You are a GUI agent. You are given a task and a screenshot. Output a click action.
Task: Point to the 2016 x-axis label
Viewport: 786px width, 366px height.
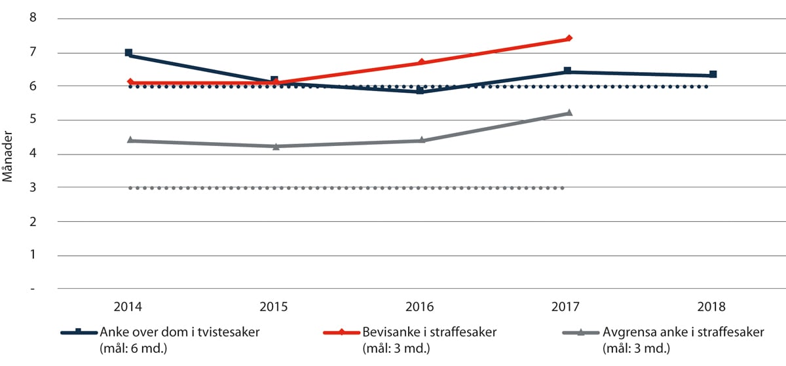421,306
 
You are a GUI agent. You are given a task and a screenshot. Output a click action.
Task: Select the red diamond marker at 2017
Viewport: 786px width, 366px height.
569,38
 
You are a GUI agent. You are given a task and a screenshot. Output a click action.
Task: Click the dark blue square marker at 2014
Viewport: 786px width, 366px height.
129,52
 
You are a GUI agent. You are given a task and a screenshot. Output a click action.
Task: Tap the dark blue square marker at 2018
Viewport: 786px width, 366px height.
713,75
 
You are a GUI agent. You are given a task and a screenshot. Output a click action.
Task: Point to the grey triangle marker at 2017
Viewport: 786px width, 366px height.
569,113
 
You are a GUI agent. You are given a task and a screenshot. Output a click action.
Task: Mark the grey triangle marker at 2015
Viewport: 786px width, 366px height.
276,146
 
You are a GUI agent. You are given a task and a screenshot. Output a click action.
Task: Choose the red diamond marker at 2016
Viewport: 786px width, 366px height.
421,62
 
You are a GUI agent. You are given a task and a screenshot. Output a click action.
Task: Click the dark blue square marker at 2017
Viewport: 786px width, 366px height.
567,71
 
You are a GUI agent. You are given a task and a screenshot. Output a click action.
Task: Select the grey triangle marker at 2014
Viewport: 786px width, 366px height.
130,140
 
